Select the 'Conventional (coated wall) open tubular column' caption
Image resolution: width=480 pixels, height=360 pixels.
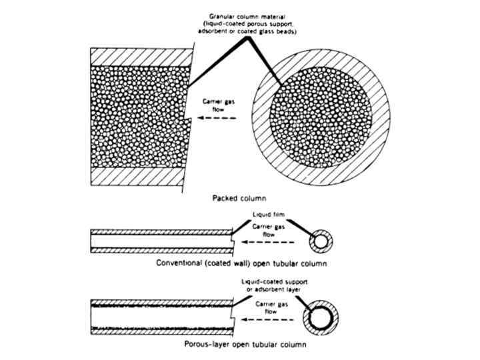(241, 263)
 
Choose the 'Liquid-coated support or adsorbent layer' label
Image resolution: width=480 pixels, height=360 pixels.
(274, 287)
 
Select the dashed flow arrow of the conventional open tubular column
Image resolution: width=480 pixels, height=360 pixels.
(267, 243)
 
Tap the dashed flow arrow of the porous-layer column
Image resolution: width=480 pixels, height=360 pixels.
(267, 321)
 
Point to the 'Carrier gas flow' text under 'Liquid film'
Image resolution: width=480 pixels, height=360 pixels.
(272, 230)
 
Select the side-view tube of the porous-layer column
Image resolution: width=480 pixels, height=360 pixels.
(160, 317)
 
